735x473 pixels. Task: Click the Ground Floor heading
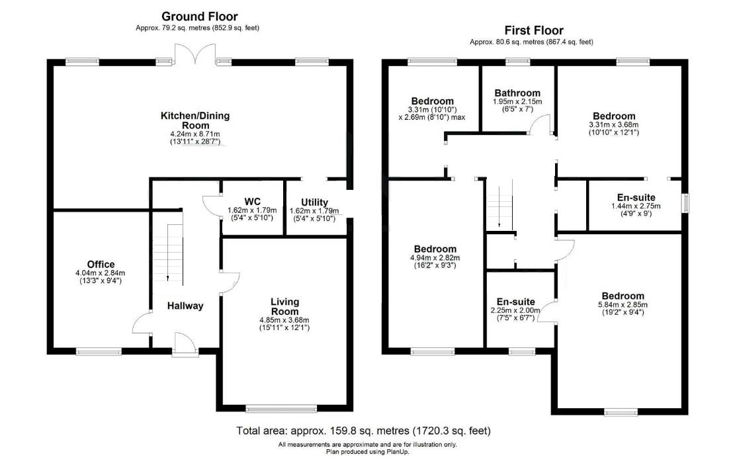(199, 17)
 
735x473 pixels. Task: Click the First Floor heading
(533, 30)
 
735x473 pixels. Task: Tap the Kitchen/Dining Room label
(195, 120)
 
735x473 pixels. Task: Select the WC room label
(253, 200)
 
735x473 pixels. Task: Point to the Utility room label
(314, 202)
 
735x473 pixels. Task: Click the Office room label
(101, 265)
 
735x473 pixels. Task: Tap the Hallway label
(185, 306)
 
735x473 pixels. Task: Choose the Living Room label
(284, 307)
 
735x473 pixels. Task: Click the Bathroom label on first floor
(517, 93)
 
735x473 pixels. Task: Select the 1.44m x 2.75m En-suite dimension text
(635, 206)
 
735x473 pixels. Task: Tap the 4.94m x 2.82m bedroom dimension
(435, 258)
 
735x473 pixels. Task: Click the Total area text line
(363, 431)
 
